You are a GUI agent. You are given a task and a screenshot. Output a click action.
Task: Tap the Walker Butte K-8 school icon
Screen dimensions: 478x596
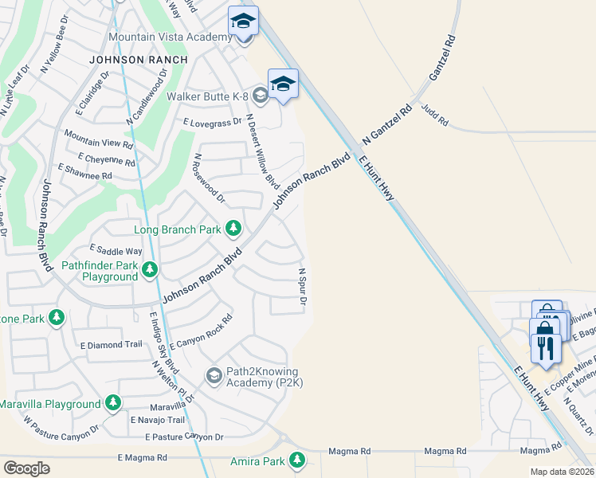click(x=260, y=96)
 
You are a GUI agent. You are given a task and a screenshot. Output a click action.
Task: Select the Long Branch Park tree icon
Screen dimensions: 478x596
click(x=233, y=229)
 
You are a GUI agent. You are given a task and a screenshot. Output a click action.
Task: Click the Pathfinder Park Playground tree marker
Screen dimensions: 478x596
click(x=149, y=271)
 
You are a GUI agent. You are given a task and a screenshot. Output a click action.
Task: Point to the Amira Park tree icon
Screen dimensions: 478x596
click(x=297, y=460)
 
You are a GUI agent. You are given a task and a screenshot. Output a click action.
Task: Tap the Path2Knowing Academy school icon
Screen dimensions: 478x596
click(x=214, y=374)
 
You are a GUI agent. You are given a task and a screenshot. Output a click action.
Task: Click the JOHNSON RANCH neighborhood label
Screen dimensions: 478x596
click(x=139, y=60)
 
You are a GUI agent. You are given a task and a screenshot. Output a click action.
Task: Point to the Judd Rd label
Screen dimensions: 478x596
click(x=435, y=117)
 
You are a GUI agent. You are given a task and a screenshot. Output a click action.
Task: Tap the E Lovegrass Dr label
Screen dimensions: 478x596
click(x=212, y=123)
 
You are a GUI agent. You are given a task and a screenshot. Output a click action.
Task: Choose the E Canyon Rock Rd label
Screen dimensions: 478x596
click(x=201, y=333)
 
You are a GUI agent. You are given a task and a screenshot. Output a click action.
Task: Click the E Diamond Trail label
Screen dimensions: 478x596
click(x=111, y=345)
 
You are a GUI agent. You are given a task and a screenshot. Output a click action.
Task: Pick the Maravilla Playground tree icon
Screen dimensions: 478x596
click(x=114, y=404)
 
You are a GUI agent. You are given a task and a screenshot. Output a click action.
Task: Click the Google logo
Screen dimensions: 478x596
click(x=26, y=468)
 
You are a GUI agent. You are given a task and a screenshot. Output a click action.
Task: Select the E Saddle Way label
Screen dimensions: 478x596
click(x=116, y=250)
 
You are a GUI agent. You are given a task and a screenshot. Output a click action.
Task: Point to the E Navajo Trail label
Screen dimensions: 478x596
click(x=157, y=420)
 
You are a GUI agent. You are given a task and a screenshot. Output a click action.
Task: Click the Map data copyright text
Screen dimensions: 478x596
click(x=561, y=472)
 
